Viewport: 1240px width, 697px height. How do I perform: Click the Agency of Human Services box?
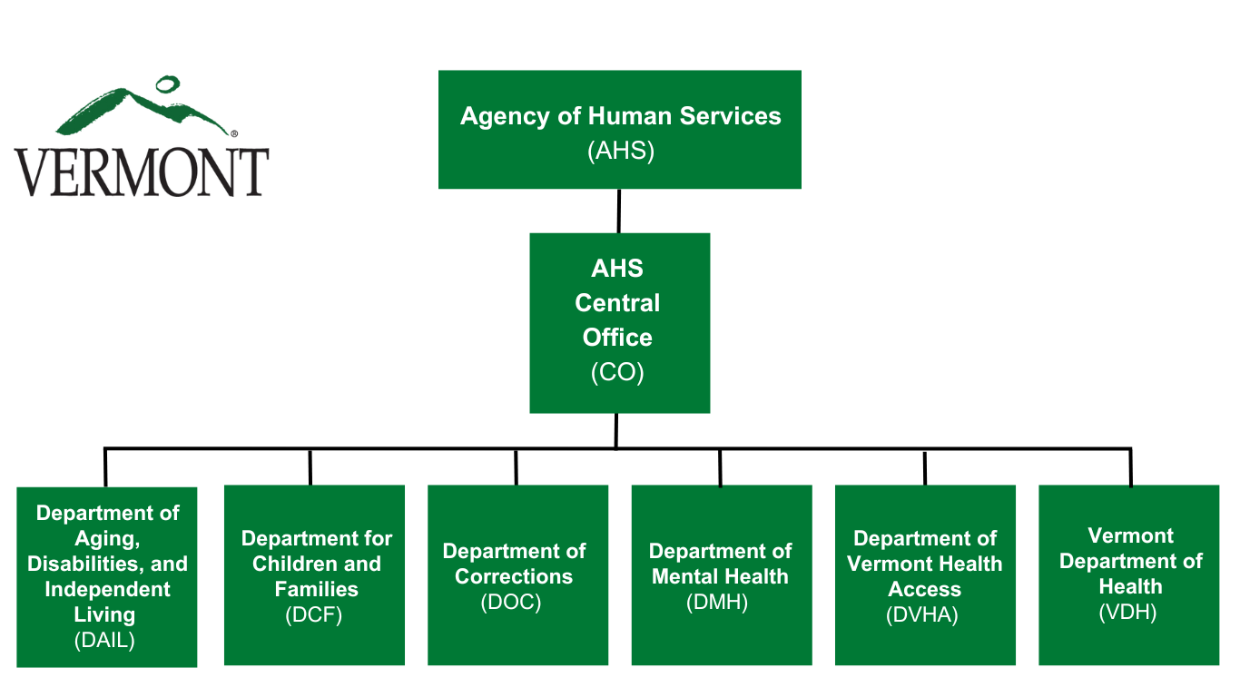click(619, 130)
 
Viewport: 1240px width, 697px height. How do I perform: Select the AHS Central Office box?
click(619, 323)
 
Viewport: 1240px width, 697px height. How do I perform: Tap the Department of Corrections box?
click(517, 575)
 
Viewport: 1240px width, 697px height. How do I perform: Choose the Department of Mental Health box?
click(722, 575)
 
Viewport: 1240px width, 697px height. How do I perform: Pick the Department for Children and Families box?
click(314, 575)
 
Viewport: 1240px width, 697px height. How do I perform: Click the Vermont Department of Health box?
click(1128, 575)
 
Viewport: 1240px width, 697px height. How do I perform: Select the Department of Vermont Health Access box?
click(925, 575)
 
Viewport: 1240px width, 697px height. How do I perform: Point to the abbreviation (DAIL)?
click(104, 640)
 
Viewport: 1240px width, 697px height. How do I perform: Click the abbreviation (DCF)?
click(313, 614)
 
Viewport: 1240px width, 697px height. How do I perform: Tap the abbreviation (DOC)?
click(510, 602)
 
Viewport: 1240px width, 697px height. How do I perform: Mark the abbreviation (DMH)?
click(717, 602)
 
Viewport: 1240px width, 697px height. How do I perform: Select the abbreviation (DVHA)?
click(921, 614)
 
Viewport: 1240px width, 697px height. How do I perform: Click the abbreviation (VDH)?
click(1127, 612)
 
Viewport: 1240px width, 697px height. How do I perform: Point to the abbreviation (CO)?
click(617, 372)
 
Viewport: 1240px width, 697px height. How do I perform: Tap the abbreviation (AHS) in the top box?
click(621, 151)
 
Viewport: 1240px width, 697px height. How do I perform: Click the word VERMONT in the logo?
click(142, 172)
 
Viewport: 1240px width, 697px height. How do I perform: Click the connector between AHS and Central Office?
click(618, 211)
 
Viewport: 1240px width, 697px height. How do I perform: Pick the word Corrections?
click(514, 576)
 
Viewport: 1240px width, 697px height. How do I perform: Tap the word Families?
click(316, 589)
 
